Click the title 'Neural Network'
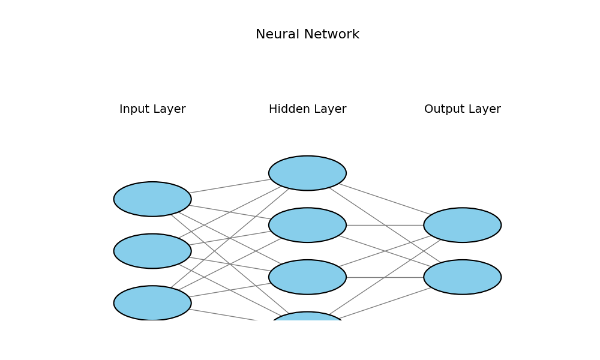coord(307,35)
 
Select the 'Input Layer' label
coord(152,109)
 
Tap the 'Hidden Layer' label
coord(307,109)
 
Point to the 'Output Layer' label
coord(462,109)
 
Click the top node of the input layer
coord(152,199)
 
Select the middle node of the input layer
coord(152,251)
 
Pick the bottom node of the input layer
coord(152,302)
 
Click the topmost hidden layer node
coord(307,173)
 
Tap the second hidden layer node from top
coord(307,225)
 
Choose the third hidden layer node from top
coord(307,277)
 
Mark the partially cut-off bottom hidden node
coord(307,316)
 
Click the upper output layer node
coord(462,225)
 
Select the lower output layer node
coord(462,277)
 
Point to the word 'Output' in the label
coord(443,109)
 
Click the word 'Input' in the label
coord(132,109)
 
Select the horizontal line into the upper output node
coord(385,225)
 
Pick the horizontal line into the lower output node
coord(385,277)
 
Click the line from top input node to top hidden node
coord(230,186)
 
